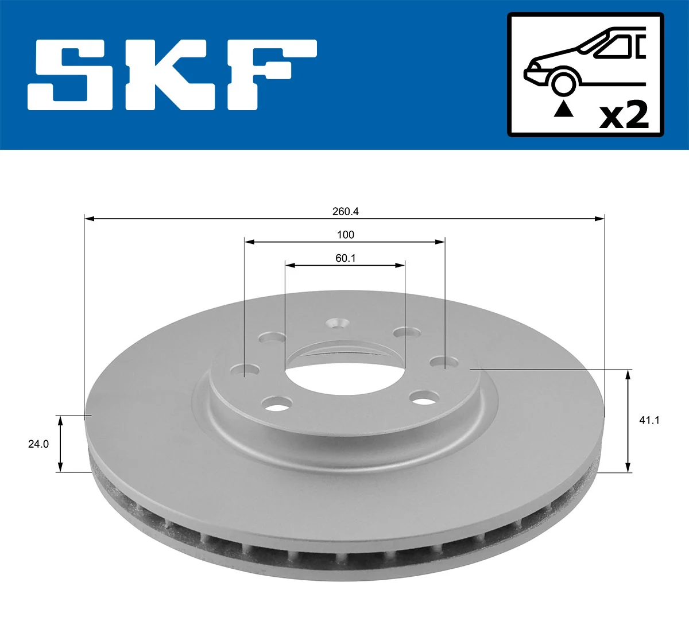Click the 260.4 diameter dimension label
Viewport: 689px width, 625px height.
pyautogui.click(x=345, y=211)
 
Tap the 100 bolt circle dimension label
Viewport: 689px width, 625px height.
pyautogui.click(x=345, y=235)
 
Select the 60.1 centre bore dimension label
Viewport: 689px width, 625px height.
pyautogui.click(x=345, y=258)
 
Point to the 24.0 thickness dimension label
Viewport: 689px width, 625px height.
pyautogui.click(x=38, y=444)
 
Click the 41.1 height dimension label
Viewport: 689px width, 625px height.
pyautogui.click(x=649, y=420)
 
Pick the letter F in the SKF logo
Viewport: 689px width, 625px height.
pyautogui.click(x=270, y=74)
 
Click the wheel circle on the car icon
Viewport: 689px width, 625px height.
pyautogui.click(x=563, y=83)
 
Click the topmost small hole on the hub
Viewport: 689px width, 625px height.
pyautogui.click(x=337, y=324)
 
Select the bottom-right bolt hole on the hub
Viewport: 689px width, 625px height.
pyautogui.click(x=424, y=397)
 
